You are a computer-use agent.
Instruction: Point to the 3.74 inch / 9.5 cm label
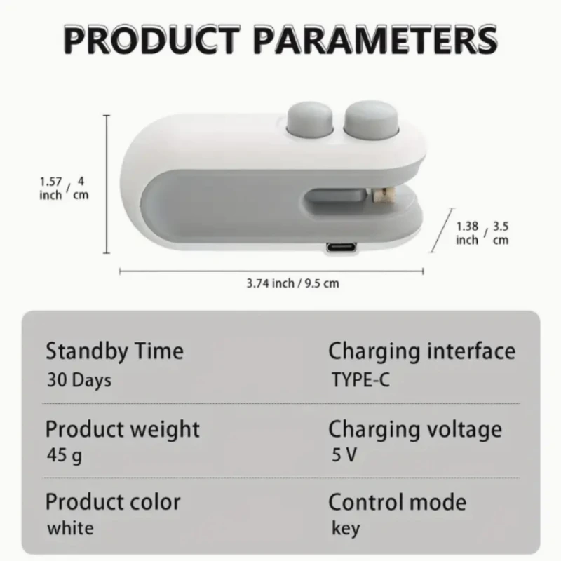(x=292, y=283)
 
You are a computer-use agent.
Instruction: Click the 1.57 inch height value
(x=50, y=188)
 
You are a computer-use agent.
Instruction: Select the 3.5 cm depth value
(x=500, y=233)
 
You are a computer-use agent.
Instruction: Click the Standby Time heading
(x=114, y=351)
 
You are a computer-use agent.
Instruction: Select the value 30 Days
(x=79, y=380)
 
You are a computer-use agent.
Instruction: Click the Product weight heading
(x=123, y=428)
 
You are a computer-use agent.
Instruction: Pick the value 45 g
(x=64, y=456)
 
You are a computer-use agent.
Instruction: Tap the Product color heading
(x=113, y=502)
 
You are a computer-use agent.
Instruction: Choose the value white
(x=69, y=527)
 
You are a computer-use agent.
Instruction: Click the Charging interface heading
(x=421, y=351)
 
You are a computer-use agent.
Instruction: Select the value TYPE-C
(x=360, y=381)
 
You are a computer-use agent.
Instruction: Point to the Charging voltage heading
(x=415, y=428)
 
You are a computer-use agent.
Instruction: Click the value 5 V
(x=344, y=455)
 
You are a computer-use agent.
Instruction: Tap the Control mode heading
(x=397, y=502)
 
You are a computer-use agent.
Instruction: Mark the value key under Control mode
(x=346, y=529)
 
